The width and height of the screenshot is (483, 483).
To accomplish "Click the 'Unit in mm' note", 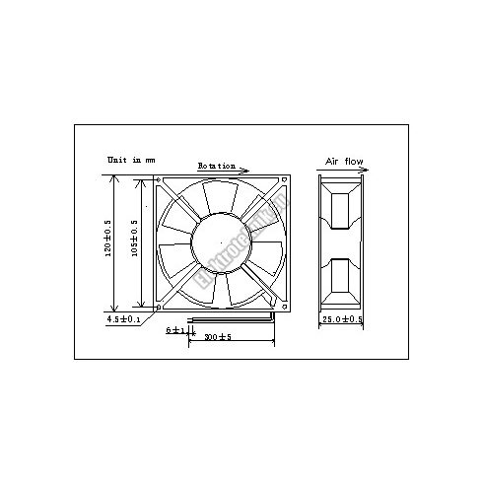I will (x=132, y=159).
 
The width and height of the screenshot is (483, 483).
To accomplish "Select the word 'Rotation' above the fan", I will (x=216, y=166).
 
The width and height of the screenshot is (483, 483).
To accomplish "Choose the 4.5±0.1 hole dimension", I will (x=123, y=319).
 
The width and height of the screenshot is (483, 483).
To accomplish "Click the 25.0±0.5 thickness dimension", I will (x=343, y=320).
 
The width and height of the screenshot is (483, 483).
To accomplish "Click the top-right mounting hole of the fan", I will (x=284, y=180).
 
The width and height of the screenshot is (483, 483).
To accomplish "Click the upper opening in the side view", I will (x=342, y=212).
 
